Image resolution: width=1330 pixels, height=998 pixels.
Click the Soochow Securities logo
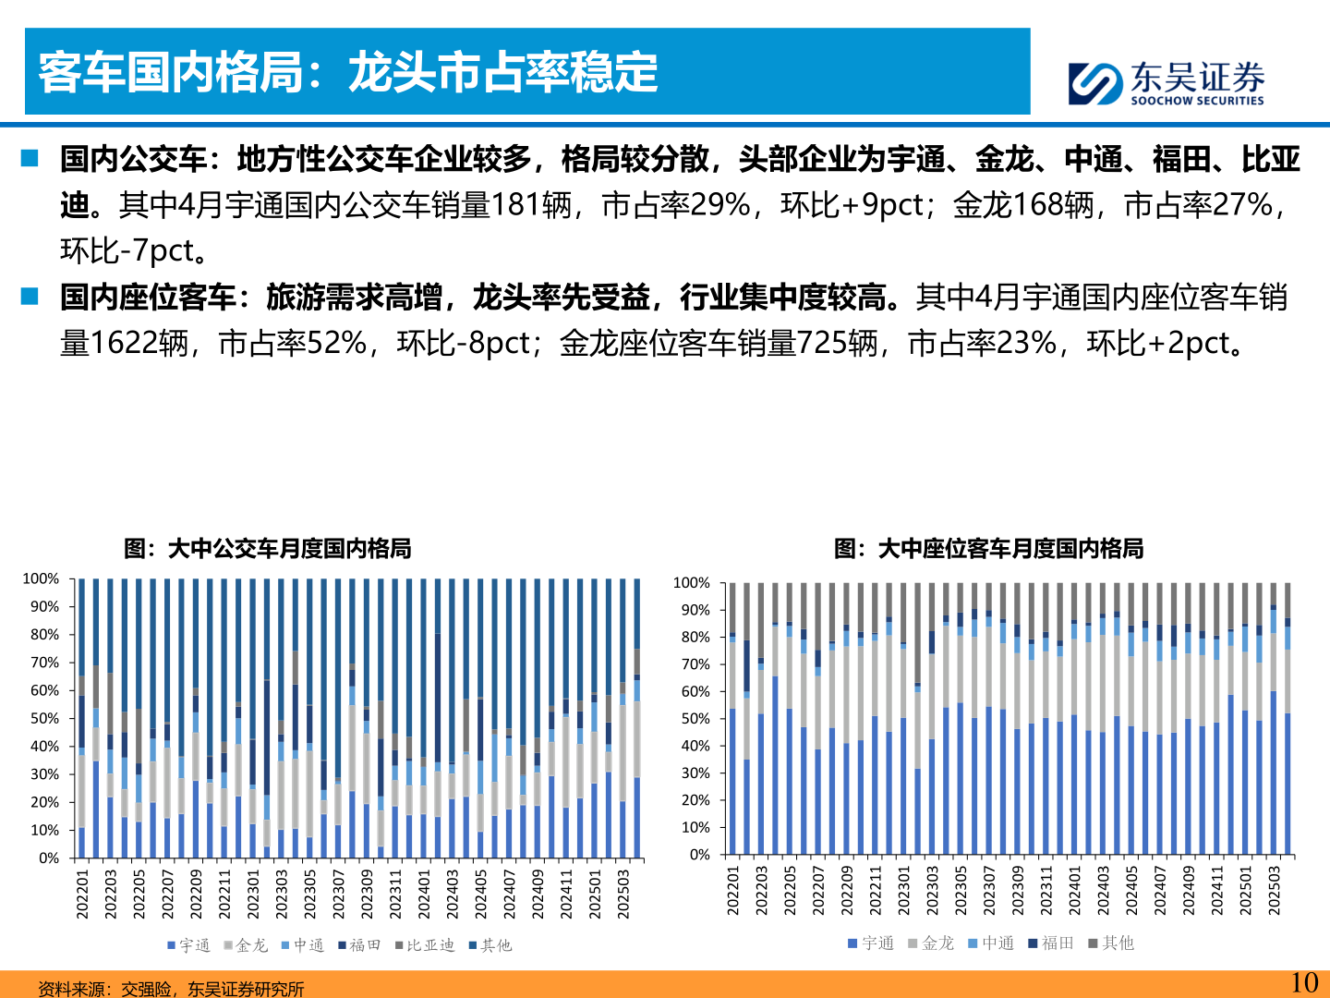(1166, 83)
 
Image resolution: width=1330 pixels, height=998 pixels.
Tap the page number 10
(1303, 982)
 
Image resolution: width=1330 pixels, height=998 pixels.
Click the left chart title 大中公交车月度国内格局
(268, 549)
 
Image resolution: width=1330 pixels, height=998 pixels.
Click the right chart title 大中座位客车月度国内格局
(988, 549)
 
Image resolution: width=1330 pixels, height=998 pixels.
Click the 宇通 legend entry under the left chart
(189, 945)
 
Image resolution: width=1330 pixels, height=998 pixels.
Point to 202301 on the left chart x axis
(253, 893)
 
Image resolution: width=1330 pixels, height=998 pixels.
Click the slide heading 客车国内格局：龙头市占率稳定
(348, 72)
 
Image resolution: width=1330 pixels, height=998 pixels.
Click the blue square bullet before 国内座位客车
(30, 297)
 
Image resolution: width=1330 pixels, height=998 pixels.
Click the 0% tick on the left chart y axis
(49, 858)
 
